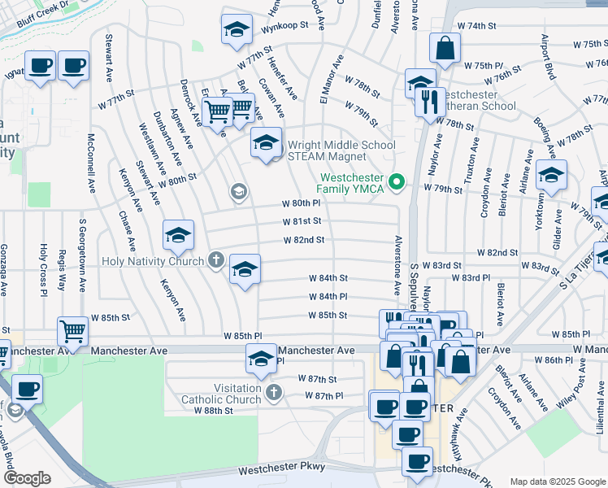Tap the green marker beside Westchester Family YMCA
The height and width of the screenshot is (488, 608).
click(x=397, y=181)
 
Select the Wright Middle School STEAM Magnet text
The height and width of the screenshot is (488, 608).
click(x=341, y=151)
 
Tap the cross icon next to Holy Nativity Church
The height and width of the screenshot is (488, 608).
click(x=215, y=261)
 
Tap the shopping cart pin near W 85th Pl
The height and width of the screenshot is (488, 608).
click(x=73, y=332)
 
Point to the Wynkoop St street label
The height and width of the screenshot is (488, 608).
click(x=284, y=25)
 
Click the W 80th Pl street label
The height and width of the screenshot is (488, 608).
click(x=302, y=203)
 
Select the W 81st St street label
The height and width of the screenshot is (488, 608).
click(x=302, y=221)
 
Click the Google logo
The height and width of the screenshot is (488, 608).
click(x=27, y=478)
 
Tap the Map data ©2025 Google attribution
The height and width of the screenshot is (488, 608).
click(x=557, y=481)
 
